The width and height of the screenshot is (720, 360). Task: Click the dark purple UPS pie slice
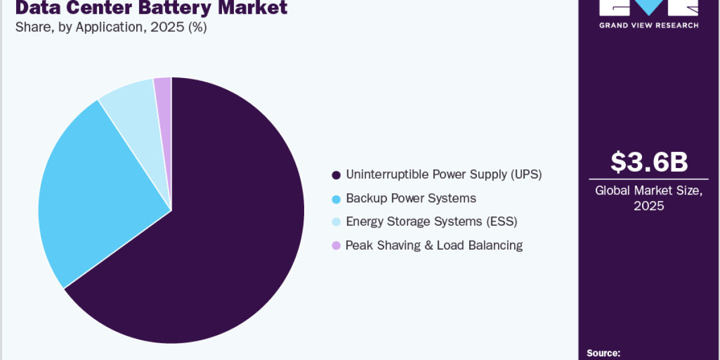[x=228, y=240]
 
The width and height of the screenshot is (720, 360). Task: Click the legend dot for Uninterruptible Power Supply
[x=336, y=175]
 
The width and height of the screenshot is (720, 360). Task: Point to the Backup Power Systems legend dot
[x=336, y=199]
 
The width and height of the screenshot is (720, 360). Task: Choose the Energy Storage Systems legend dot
[x=336, y=222]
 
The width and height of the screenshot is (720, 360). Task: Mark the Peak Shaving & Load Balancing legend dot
[x=336, y=245]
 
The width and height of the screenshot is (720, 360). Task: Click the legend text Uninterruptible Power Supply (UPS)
[x=443, y=175]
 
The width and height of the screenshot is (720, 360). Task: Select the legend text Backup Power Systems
[x=411, y=198]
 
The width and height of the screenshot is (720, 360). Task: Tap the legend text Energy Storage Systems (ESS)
[x=431, y=221]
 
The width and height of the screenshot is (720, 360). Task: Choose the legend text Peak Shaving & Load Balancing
[x=434, y=245]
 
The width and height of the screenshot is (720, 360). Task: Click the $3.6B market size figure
[x=649, y=163]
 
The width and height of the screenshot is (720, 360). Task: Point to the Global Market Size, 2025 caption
[x=649, y=198]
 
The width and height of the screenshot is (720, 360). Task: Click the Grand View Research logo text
[x=649, y=25]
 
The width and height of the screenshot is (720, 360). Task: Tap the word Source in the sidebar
[x=603, y=353]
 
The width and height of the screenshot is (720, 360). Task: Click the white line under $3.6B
[x=649, y=179]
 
